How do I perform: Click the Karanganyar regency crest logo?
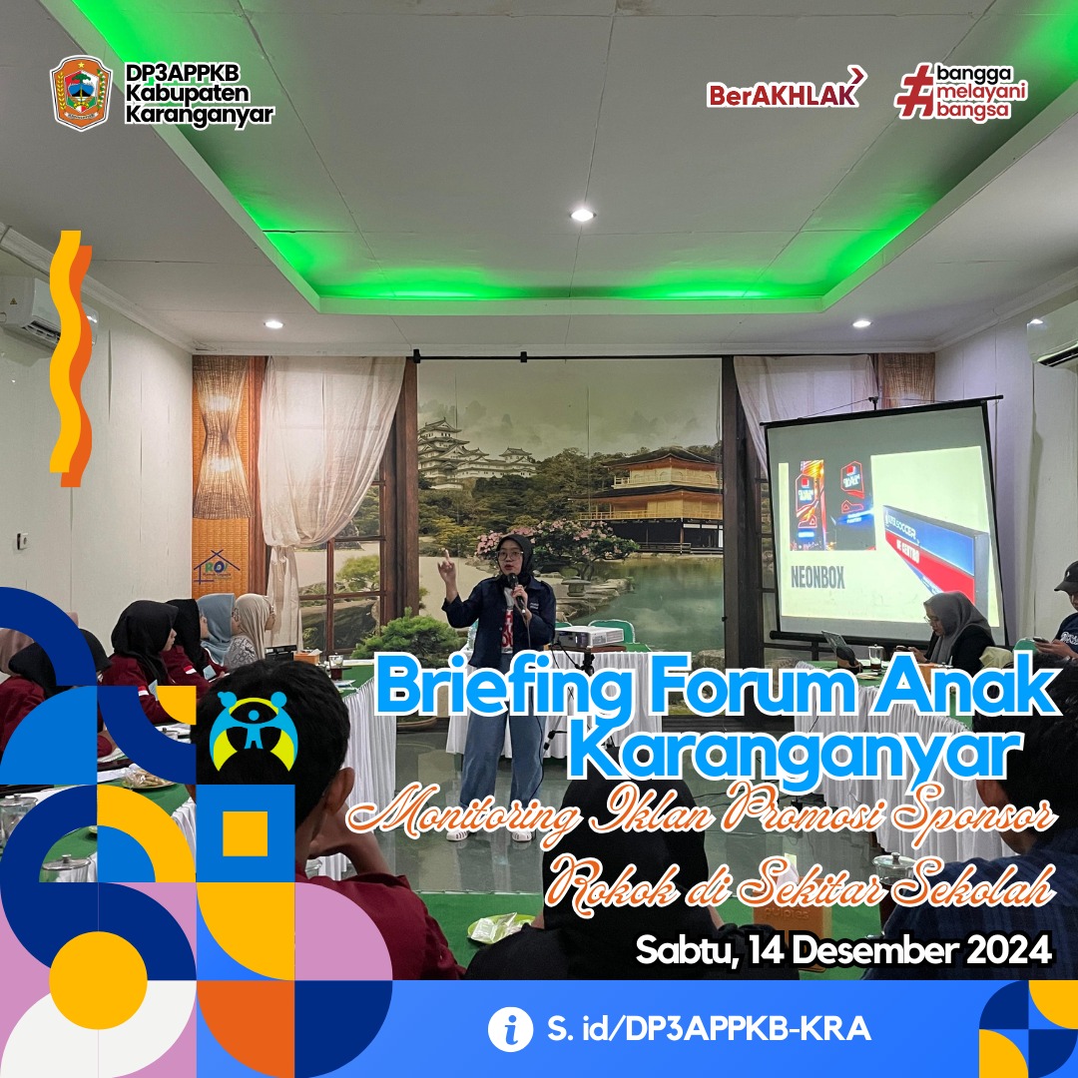coord(81,93)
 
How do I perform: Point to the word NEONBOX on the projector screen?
coord(816,578)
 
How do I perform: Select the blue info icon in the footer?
coord(510,1029)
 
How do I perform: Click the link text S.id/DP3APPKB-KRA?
coord(709,1029)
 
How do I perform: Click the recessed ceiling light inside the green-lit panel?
coord(582,215)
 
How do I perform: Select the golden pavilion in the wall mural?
coord(654,498)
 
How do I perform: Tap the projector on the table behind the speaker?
coord(589,637)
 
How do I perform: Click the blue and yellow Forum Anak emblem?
coord(254,730)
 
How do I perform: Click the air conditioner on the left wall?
coord(31,309)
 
